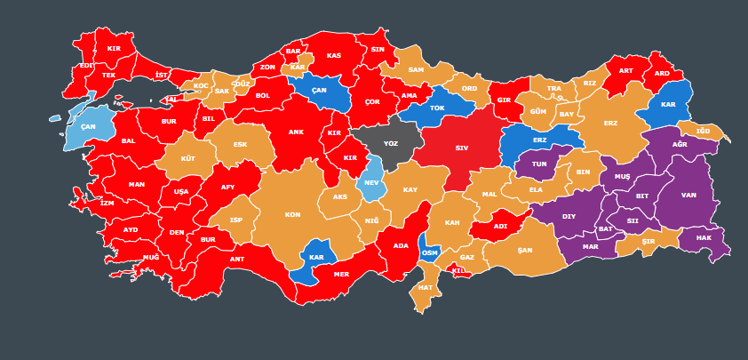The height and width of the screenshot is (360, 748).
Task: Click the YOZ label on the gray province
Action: point(391,143)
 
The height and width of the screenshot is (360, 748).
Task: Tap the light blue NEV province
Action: point(371,182)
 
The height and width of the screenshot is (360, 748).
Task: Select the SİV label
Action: point(462,148)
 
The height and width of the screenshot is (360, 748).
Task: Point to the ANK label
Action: point(296,132)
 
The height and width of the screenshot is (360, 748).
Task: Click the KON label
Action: point(292,214)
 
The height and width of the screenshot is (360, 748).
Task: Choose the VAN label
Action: point(688,195)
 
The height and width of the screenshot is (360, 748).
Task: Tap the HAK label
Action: point(704,237)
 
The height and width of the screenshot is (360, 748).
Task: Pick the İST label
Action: point(161,76)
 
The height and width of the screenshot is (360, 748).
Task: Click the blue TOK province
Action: point(437,108)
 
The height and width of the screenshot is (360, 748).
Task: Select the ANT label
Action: point(237,259)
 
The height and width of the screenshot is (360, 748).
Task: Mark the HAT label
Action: point(426,287)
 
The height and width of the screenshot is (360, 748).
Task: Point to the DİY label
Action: point(569,216)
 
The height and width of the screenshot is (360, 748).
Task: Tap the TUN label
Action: point(539,164)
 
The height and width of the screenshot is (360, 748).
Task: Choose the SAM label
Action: point(416,69)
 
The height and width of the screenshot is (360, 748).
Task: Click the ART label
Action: point(626,71)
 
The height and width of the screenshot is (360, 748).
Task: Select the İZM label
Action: point(107,203)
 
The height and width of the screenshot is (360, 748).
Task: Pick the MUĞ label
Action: point(151,257)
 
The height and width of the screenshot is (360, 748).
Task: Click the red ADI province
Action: point(500,226)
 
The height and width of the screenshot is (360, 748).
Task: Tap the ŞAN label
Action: point(525,250)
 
